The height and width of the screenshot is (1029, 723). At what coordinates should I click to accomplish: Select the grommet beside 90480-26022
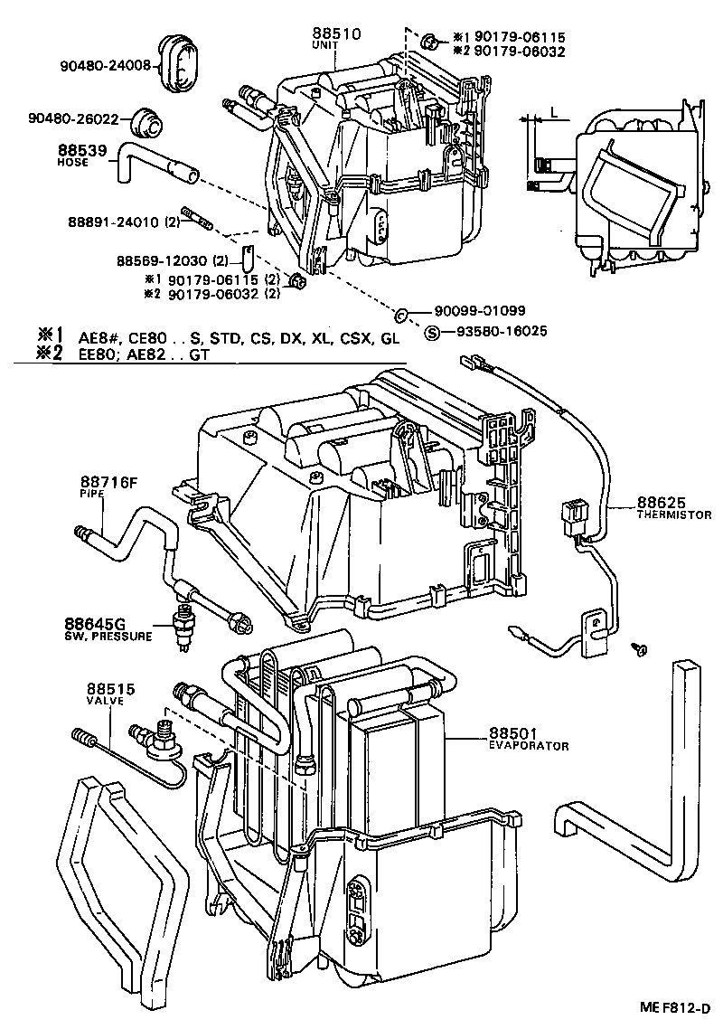[142, 120]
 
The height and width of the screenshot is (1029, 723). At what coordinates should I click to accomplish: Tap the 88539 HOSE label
[83, 156]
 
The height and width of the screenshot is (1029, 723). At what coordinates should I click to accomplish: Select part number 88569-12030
[162, 260]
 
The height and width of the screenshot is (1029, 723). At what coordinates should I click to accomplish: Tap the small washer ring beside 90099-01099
[401, 313]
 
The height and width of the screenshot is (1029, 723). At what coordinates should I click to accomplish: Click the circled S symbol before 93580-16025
[432, 332]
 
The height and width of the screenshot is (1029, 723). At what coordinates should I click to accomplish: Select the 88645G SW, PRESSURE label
[108, 628]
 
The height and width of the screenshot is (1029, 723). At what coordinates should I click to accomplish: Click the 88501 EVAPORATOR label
[529, 739]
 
